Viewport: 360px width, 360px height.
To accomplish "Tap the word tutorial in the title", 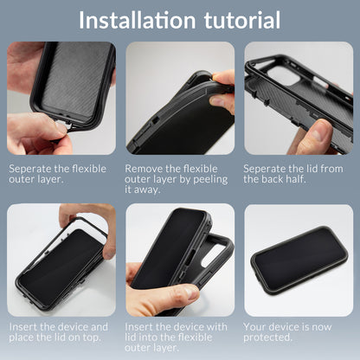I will pos(234,20).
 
